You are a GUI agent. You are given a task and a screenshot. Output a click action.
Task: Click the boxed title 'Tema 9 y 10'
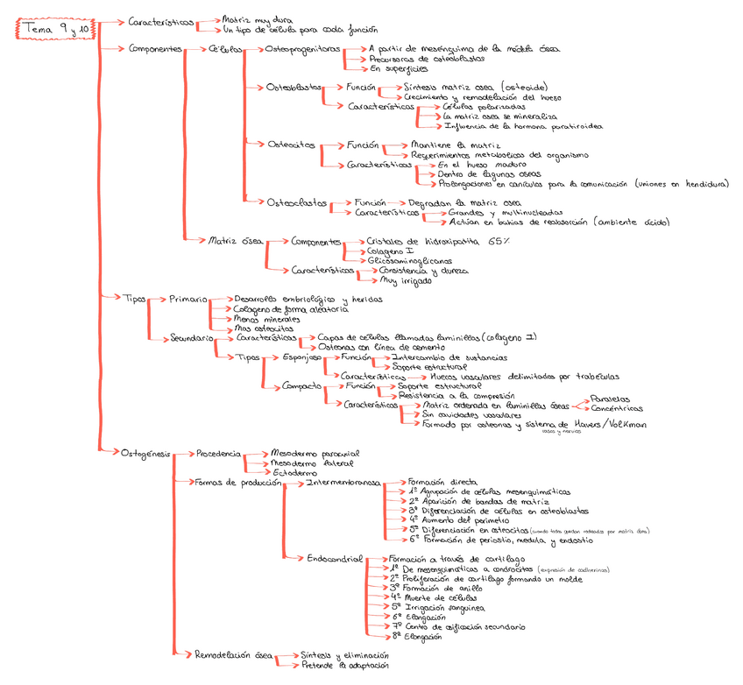pos(53,29)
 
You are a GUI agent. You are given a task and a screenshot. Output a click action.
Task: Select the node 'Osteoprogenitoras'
pos(301,50)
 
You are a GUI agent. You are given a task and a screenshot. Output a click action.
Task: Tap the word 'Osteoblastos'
pos(294,88)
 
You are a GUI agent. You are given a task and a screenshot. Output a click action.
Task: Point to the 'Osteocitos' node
pos(292,145)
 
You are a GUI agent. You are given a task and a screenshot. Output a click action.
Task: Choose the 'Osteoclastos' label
pos(298,202)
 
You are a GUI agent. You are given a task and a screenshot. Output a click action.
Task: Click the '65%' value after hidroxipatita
pos(498,241)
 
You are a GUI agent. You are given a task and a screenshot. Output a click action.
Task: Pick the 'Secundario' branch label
pos(192,338)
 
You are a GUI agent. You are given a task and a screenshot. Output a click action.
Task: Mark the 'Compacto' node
pos(301,385)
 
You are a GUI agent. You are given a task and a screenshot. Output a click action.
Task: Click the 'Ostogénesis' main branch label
pos(145,453)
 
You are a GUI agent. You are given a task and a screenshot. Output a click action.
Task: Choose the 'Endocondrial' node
pos(332,558)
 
